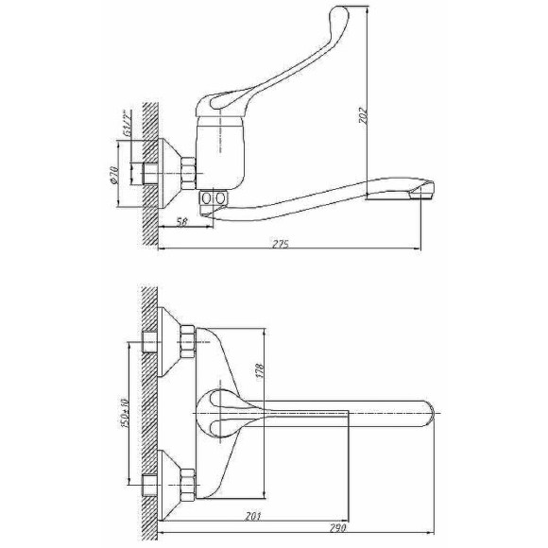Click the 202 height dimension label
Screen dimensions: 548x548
tap(364, 115)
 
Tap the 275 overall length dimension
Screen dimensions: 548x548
tap(281, 244)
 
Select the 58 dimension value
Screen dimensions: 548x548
tap(182, 222)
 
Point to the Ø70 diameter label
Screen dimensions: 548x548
tap(114, 175)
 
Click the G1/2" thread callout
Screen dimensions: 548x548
tap(127, 123)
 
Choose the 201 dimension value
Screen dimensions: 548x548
tap(253, 516)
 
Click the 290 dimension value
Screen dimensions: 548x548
tap(337, 527)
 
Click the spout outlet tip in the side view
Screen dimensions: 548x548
tap(423, 190)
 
